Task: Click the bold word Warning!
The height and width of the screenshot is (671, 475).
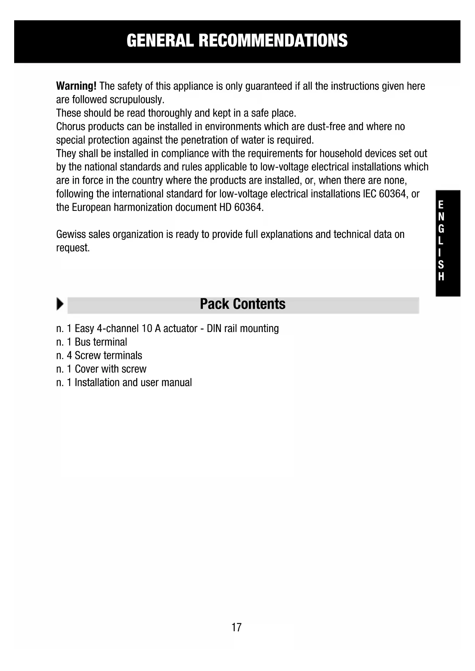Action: (76, 86)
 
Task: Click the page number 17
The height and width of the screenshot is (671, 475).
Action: (237, 627)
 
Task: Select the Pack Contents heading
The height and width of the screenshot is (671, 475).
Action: (243, 304)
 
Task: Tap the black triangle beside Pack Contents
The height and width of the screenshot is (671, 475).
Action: (60, 304)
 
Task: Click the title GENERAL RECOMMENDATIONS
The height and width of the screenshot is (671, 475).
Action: (237, 41)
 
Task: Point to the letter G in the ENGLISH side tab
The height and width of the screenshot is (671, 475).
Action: (441, 229)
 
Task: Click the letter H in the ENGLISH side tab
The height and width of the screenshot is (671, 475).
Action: (441, 277)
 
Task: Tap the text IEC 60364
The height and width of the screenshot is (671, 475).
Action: (384, 194)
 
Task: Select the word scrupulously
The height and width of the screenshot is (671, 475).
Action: (137, 99)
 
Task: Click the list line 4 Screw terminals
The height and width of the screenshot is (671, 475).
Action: (99, 355)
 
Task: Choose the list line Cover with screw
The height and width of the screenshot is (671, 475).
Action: (101, 369)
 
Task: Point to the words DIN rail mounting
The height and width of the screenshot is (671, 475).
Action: (243, 329)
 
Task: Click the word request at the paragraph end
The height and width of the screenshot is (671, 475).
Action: (72, 248)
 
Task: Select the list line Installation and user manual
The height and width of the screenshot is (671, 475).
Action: (124, 383)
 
